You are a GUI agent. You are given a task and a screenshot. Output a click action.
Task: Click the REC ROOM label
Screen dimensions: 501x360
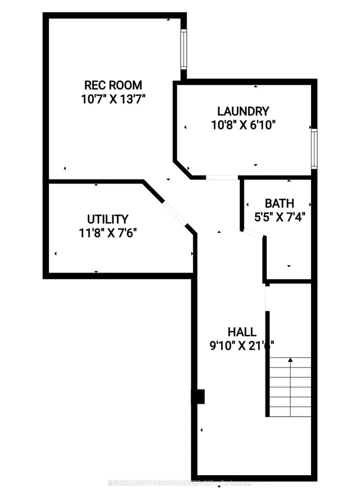pos(112,86)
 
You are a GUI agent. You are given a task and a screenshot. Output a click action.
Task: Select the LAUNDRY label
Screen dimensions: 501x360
pos(243,111)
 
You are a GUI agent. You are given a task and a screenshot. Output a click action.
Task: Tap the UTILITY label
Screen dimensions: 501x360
pos(107,219)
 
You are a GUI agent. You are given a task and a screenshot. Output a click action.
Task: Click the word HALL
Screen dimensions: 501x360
pos(242,332)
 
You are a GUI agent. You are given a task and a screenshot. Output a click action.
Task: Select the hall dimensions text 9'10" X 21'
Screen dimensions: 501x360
pos(242,345)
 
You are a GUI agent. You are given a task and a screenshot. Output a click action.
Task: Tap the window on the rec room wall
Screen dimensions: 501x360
pos(184,50)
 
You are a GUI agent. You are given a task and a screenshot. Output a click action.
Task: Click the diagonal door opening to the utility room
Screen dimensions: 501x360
pos(174,214)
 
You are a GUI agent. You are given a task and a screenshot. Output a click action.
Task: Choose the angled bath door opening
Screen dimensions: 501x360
pos(253,234)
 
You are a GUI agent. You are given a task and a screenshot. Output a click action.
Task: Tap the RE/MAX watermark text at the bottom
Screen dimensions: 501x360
pos(180,481)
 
